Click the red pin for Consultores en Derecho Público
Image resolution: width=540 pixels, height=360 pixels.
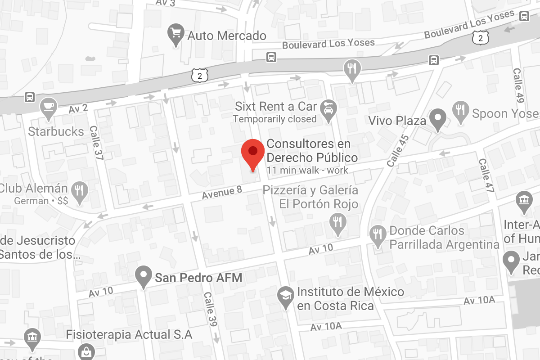[x=253, y=153]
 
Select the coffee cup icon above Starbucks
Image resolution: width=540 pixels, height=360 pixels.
[x=48, y=107]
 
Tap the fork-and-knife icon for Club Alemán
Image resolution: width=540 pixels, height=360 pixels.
[x=80, y=191]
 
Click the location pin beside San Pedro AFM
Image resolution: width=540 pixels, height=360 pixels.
[x=144, y=276]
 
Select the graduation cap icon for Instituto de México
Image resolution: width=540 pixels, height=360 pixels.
[x=285, y=297]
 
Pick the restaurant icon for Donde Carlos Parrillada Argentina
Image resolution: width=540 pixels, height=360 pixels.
[x=377, y=235]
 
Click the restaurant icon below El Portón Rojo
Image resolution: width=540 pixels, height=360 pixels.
[x=337, y=223]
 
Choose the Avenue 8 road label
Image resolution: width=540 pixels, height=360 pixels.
[x=222, y=193]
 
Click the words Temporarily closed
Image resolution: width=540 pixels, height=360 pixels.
[x=274, y=119]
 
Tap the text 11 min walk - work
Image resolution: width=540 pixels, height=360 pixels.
[x=307, y=171]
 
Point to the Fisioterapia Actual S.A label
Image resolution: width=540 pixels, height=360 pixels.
[x=129, y=335]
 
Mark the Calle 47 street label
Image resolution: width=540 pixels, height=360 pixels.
[x=486, y=175]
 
